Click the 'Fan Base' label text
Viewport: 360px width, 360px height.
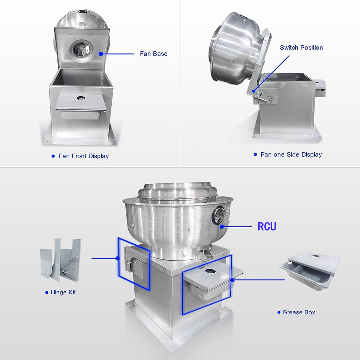[154, 54]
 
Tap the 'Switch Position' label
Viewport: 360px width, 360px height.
[301, 48]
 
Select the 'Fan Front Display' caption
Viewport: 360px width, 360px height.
[84, 156]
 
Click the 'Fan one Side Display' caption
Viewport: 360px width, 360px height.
[291, 154]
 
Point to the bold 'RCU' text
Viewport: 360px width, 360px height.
[267, 226]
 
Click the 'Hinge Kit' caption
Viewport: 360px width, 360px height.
[63, 292]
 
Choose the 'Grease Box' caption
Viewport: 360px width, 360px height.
[299, 312]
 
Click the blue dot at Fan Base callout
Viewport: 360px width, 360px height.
[101, 54]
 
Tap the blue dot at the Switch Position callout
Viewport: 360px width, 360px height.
[254, 91]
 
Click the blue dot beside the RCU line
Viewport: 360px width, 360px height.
[222, 226]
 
